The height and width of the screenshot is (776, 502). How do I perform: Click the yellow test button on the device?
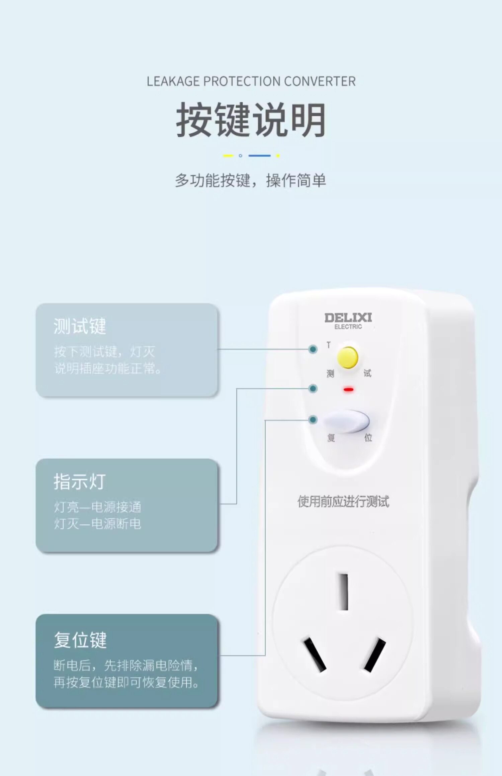(x=348, y=358)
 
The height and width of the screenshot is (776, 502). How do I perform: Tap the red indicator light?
(x=348, y=390)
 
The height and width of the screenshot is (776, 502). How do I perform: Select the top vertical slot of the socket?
(x=344, y=592)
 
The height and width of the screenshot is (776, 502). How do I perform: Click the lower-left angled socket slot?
(x=315, y=654)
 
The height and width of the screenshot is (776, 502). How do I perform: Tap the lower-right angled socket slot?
(x=375, y=654)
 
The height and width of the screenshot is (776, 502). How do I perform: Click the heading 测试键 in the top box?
(x=80, y=326)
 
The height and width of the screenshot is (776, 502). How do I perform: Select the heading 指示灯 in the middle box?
(x=80, y=482)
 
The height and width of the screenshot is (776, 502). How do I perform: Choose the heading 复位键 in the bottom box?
(x=80, y=640)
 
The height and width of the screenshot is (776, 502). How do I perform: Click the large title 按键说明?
(x=251, y=120)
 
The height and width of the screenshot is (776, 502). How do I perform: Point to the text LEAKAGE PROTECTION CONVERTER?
(x=251, y=81)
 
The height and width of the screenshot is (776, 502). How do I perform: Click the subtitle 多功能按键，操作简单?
(x=250, y=180)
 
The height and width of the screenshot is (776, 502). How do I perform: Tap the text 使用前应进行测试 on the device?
(x=343, y=501)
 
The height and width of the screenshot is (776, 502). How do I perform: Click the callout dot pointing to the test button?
(x=313, y=349)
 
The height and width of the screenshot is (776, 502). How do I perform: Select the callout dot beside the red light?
(x=313, y=388)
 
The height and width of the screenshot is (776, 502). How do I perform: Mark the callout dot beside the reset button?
(x=313, y=419)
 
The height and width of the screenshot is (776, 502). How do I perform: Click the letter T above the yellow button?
(x=329, y=345)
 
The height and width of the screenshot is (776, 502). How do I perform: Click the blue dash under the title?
(x=259, y=156)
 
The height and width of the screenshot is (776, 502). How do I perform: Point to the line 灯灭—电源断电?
(x=97, y=524)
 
